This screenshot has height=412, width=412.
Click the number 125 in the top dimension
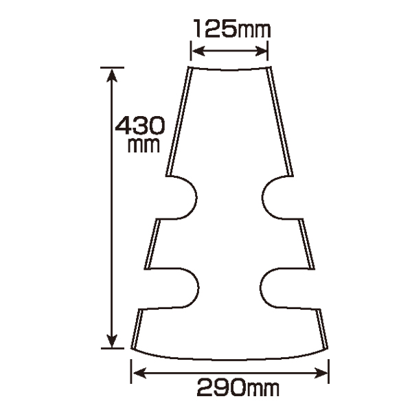point(215,28)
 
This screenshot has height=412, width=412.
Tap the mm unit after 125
point(253,30)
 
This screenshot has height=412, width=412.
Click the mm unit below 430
point(144,146)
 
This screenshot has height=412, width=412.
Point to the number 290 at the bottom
point(222,387)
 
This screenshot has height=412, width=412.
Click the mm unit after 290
point(263,389)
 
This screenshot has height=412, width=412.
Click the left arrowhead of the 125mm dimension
point(198,51)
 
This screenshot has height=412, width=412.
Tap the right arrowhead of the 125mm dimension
point(261,51)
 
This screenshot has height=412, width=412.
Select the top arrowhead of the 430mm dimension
point(112,76)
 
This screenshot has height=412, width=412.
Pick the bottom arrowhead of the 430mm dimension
point(112,341)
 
